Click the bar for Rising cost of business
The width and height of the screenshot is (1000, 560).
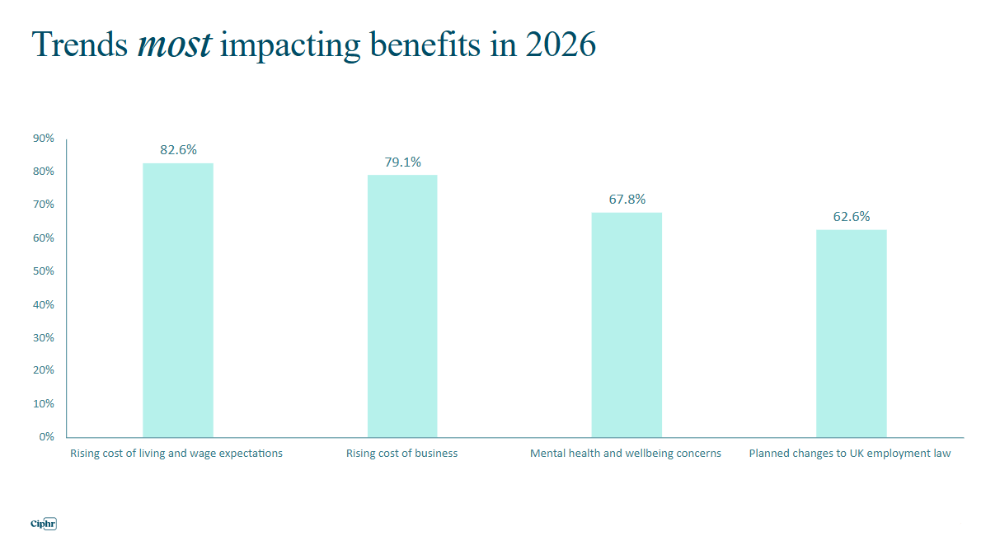click(402, 305)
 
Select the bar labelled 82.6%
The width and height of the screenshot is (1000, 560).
click(178, 300)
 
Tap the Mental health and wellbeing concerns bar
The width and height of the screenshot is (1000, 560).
click(627, 325)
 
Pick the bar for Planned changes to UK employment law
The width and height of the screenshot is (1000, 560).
click(851, 333)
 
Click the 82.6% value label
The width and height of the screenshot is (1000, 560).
click(178, 150)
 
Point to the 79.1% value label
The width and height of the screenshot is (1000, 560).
click(402, 162)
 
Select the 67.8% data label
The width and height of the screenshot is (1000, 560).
click(627, 200)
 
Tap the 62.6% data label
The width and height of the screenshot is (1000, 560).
click(851, 217)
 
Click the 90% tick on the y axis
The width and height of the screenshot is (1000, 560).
click(44, 139)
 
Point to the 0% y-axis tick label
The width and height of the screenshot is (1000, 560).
click(46, 436)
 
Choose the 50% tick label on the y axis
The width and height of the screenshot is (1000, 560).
click(44, 271)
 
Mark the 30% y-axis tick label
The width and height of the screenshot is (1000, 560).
click(44, 337)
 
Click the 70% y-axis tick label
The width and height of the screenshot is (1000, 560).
click(44, 205)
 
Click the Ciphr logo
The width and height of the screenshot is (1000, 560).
click(43, 524)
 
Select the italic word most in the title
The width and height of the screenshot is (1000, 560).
click(174, 45)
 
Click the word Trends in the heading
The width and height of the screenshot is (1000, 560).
click(79, 45)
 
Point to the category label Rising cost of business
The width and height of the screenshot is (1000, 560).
click(401, 454)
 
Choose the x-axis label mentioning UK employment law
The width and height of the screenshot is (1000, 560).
click(849, 454)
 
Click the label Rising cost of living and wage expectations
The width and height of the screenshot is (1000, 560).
click(176, 454)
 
